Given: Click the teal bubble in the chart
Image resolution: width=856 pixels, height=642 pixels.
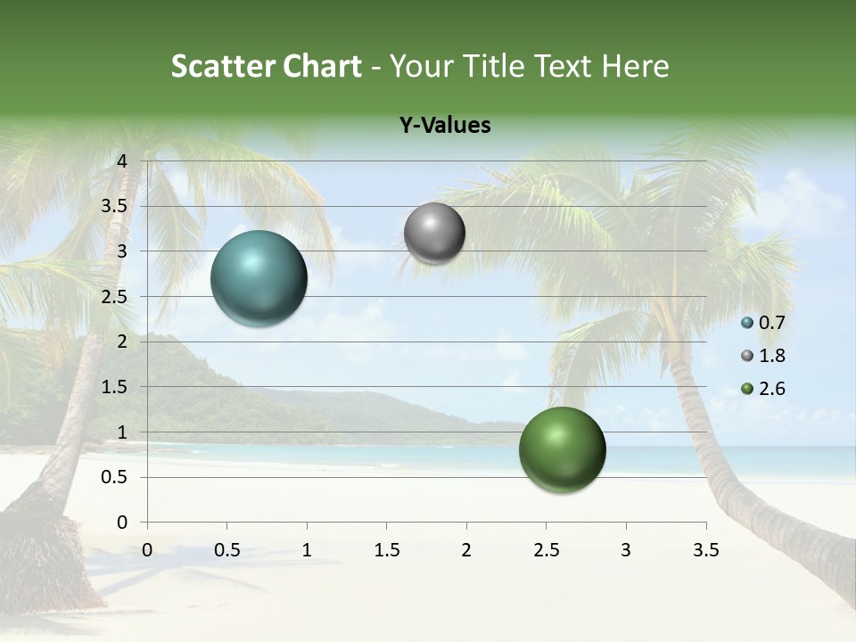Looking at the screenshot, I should pos(259,278).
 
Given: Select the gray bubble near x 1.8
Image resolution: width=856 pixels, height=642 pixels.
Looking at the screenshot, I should pos(434,233).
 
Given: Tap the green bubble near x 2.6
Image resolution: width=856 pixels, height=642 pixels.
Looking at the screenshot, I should pos(562,449).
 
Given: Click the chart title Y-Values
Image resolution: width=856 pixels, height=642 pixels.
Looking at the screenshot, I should pos(445,126).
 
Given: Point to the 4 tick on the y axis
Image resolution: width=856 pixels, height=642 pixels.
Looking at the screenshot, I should pos(122,161).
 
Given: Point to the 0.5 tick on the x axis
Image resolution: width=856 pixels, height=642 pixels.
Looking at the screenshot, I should pos(226,550).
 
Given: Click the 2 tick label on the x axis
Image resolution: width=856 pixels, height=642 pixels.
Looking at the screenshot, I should pos(465,550).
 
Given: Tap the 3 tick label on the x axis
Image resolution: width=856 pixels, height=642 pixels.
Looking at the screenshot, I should pos(625,550).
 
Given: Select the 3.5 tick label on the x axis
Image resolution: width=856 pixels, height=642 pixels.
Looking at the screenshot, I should pos(705,550).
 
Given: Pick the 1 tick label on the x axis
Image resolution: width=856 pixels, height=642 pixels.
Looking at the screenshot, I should pos(307,550).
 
